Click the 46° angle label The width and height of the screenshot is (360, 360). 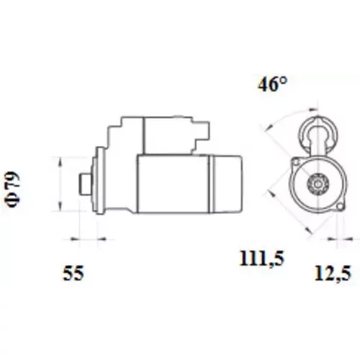[x=272, y=84]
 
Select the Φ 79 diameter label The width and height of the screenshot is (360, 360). [x=12, y=189]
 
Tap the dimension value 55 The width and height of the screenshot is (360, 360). [x=73, y=273]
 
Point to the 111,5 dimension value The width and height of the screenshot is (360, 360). [x=262, y=258]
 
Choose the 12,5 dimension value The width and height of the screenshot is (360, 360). [x=333, y=273]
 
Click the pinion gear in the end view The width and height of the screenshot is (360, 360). [x=318, y=184]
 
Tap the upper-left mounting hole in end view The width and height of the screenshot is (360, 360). [x=296, y=163]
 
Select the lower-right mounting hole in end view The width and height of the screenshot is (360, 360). [x=340, y=207]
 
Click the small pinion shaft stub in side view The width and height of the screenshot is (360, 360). [x=85, y=184]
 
